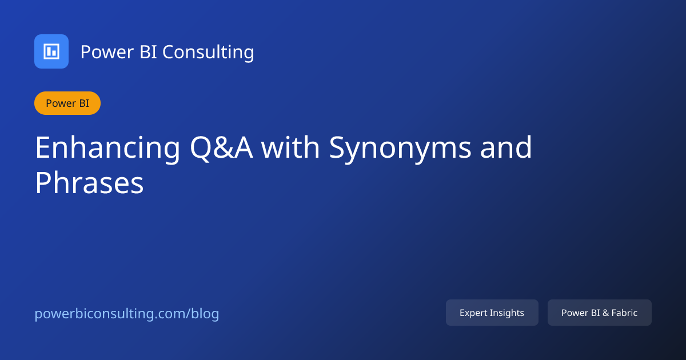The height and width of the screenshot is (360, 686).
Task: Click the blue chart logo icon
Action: (51, 51)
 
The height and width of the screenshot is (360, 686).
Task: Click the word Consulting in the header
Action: (208, 52)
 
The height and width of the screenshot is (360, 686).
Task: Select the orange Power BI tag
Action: (67, 103)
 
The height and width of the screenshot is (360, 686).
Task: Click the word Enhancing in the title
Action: (107, 147)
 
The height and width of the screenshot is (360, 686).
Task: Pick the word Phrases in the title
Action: (89, 184)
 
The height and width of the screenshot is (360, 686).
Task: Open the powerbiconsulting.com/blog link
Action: (127, 314)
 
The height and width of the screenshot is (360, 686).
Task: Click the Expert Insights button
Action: (492, 313)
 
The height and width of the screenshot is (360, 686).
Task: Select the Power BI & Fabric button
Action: (599, 313)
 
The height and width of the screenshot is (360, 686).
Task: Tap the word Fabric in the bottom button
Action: (624, 313)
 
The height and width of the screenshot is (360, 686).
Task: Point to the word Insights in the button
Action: (507, 313)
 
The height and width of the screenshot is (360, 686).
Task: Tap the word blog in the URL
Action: (205, 314)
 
